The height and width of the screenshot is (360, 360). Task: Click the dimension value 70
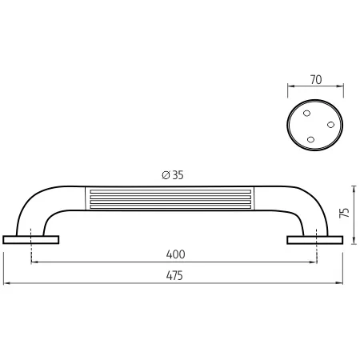click(316, 80)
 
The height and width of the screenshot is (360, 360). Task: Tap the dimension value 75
click(344, 213)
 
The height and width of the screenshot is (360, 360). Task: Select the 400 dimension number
click(175, 254)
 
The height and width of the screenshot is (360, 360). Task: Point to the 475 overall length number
click(174, 275)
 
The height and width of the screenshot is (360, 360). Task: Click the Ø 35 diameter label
click(173, 175)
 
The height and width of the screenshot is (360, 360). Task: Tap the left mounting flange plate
click(31, 240)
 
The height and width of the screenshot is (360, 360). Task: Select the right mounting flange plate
click(315, 240)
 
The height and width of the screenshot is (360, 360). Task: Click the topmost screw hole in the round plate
click(307, 114)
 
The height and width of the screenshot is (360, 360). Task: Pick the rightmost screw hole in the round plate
click(330, 125)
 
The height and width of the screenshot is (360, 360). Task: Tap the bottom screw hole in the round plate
click(310, 139)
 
